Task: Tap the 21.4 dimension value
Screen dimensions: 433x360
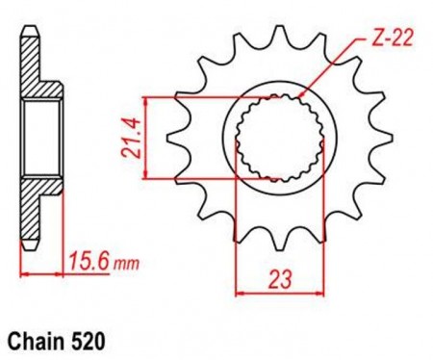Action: [x=131, y=138]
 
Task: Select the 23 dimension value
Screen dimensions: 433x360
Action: [x=280, y=278]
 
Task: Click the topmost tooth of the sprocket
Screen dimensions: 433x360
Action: [x=280, y=36]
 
